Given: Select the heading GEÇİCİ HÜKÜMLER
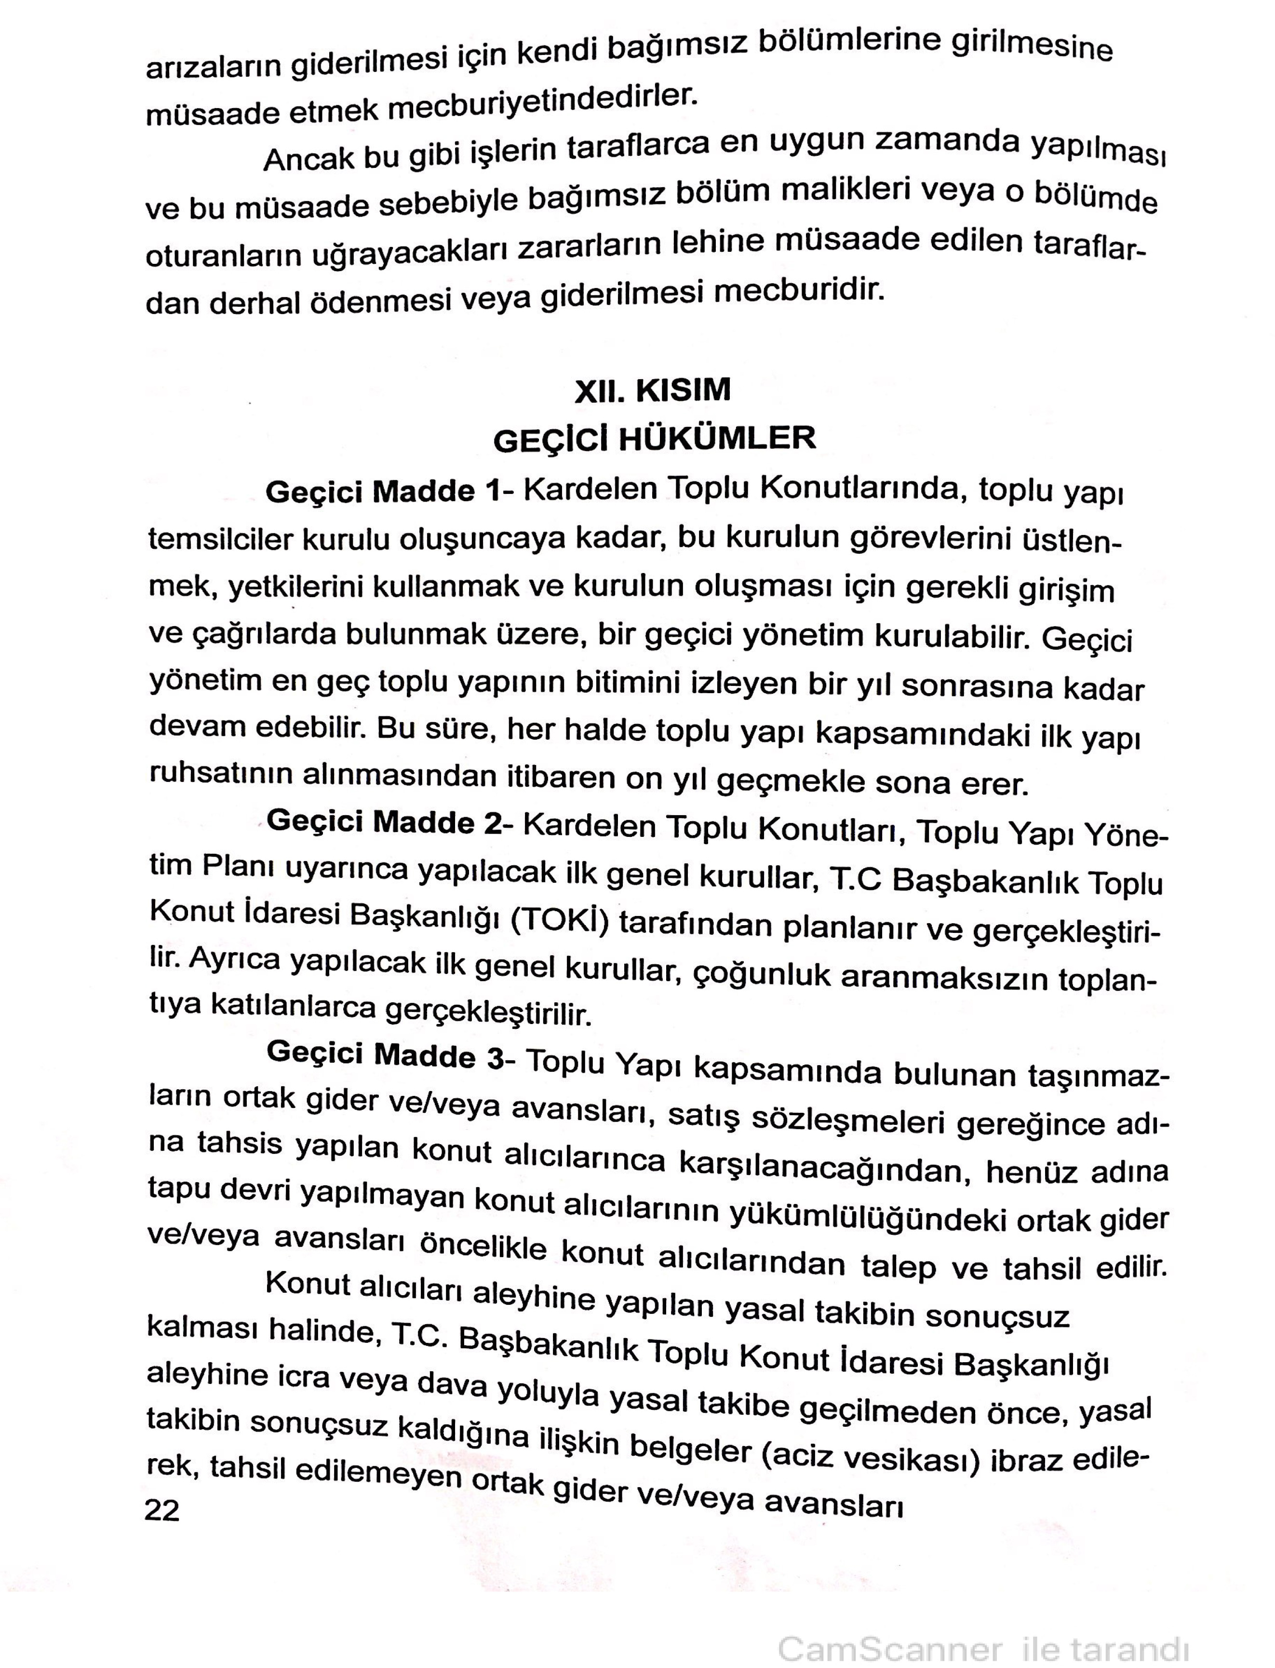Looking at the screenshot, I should tap(654, 439).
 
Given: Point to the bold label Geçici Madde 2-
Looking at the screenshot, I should tap(384, 823).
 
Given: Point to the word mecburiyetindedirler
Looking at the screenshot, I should tap(542, 104).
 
